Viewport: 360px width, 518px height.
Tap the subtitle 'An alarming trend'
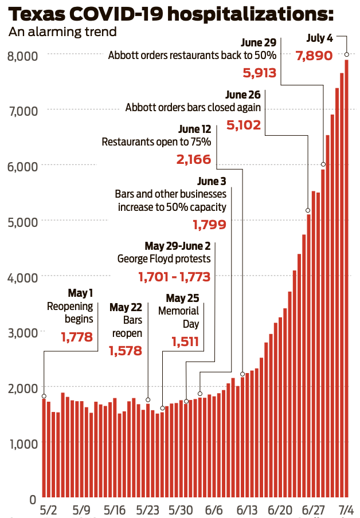click(x=62, y=32)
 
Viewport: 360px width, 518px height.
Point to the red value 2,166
click(x=194, y=159)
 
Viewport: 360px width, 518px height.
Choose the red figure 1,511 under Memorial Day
click(x=185, y=342)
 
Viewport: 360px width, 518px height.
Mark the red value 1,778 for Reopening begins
click(x=76, y=336)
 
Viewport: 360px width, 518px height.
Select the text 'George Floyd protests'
click(x=164, y=259)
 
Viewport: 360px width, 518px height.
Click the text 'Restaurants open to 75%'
click(x=156, y=142)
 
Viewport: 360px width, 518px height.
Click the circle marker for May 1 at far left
click(x=44, y=396)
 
